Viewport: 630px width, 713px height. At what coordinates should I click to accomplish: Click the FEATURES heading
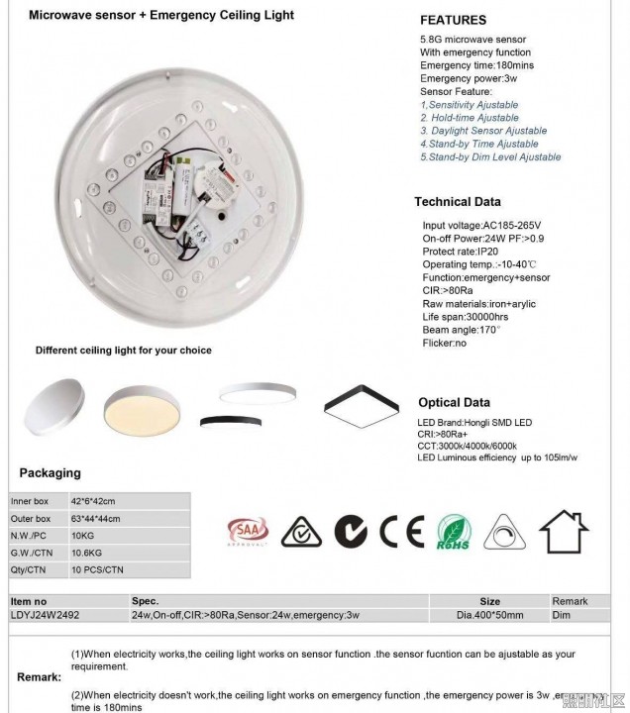[453, 20]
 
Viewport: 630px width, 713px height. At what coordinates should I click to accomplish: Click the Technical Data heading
[457, 202]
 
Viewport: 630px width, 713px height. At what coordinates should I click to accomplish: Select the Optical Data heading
[454, 403]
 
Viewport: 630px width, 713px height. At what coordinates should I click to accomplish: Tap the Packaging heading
[50, 473]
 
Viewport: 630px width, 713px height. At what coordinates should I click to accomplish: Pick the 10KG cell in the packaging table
[83, 536]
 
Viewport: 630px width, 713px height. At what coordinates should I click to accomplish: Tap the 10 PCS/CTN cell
[97, 570]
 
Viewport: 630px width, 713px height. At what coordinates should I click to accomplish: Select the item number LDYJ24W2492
[45, 615]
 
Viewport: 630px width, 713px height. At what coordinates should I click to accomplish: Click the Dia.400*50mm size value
[489, 615]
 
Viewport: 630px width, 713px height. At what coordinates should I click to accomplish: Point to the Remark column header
[570, 601]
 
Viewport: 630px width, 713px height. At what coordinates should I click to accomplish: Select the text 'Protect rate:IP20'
[462, 252]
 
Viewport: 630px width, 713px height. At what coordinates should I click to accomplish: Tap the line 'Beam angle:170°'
[462, 330]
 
